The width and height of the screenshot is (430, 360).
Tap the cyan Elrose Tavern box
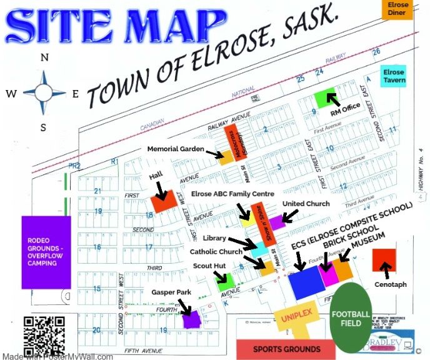click(x=394, y=76)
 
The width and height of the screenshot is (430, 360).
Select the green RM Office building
click(x=325, y=98)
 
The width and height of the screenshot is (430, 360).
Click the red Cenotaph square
click(x=384, y=259)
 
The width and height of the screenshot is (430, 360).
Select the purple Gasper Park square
click(x=190, y=319)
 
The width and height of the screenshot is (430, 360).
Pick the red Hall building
click(x=162, y=202)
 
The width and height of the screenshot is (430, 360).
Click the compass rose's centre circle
click(x=43, y=92)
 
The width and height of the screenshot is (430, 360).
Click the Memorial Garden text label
click(x=176, y=149)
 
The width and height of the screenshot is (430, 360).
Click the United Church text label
click(x=306, y=204)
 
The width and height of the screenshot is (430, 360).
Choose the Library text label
click(x=215, y=239)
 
